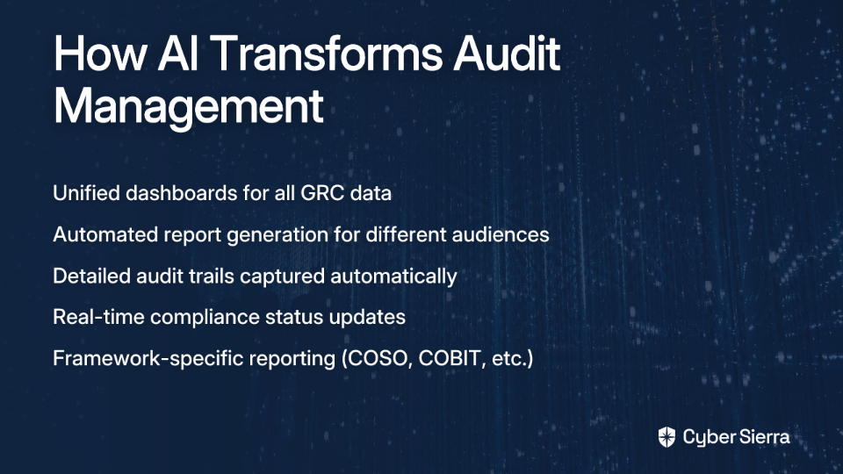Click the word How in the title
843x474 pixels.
click(100, 54)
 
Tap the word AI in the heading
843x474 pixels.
click(177, 54)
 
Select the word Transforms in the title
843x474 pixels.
click(326, 54)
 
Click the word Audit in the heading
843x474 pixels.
click(507, 54)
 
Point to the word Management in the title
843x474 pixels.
click(189, 106)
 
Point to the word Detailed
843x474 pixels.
click(91, 276)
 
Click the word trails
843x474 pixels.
click(213, 276)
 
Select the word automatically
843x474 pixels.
click(393, 276)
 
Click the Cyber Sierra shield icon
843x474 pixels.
click(666, 437)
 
